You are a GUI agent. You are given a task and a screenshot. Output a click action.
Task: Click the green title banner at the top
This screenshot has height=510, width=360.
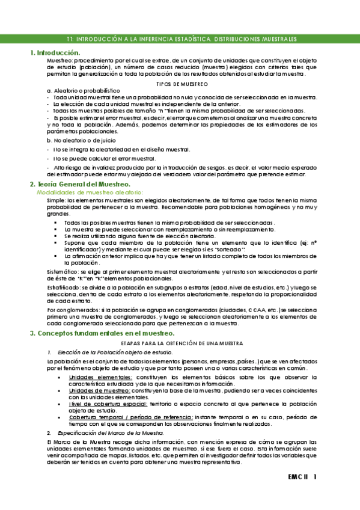(x=180, y=39)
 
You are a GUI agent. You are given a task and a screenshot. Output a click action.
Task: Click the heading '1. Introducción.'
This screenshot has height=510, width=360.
(x=55, y=53)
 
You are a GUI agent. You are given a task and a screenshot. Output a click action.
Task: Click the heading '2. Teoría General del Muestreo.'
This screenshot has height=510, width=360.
(x=81, y=183)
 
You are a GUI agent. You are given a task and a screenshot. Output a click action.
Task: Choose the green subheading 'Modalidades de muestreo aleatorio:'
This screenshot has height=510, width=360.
(x=87, y=192)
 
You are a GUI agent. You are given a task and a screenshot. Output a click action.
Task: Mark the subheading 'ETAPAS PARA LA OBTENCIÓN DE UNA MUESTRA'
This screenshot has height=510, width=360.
(x=180, y=343)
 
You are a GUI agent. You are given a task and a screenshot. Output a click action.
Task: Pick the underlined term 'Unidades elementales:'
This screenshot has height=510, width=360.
(x=91, y=376)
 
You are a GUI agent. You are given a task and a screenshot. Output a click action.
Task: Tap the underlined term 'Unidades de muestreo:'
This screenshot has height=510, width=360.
(x=92, y=390)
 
